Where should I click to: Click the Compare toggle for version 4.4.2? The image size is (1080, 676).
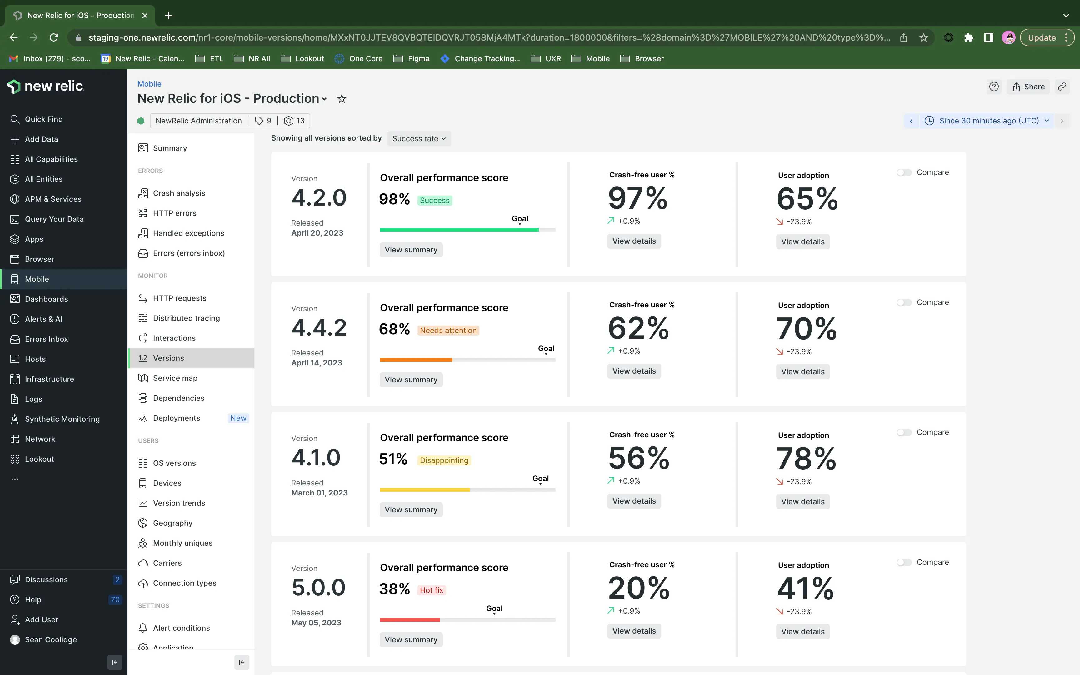click(x=904, y=303)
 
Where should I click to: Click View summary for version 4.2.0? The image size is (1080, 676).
click(x=411, y=250)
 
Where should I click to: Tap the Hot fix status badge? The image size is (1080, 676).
click(x=431, y=590)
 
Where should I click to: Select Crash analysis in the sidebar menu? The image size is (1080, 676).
click(x=178, y=193)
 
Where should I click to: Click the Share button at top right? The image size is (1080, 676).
click(x=1028, y=87)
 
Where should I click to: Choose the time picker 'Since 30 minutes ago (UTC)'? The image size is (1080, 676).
click(x=989, y=121)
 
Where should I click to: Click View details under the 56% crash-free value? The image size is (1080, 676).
click(x=634, y=501)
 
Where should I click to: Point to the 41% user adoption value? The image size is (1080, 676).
click(x=805, y=588)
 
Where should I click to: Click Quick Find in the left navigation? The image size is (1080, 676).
click(x=43, y=119)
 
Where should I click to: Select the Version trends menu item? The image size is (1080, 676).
click(x=178, y=503)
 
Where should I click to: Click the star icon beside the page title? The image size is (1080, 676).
click(x=342, y=99)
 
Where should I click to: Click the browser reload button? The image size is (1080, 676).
click(x=54, y=37)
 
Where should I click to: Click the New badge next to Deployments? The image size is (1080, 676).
click(x=238, y=418)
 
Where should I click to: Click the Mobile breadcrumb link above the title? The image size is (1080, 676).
click(x=149, y=84)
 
